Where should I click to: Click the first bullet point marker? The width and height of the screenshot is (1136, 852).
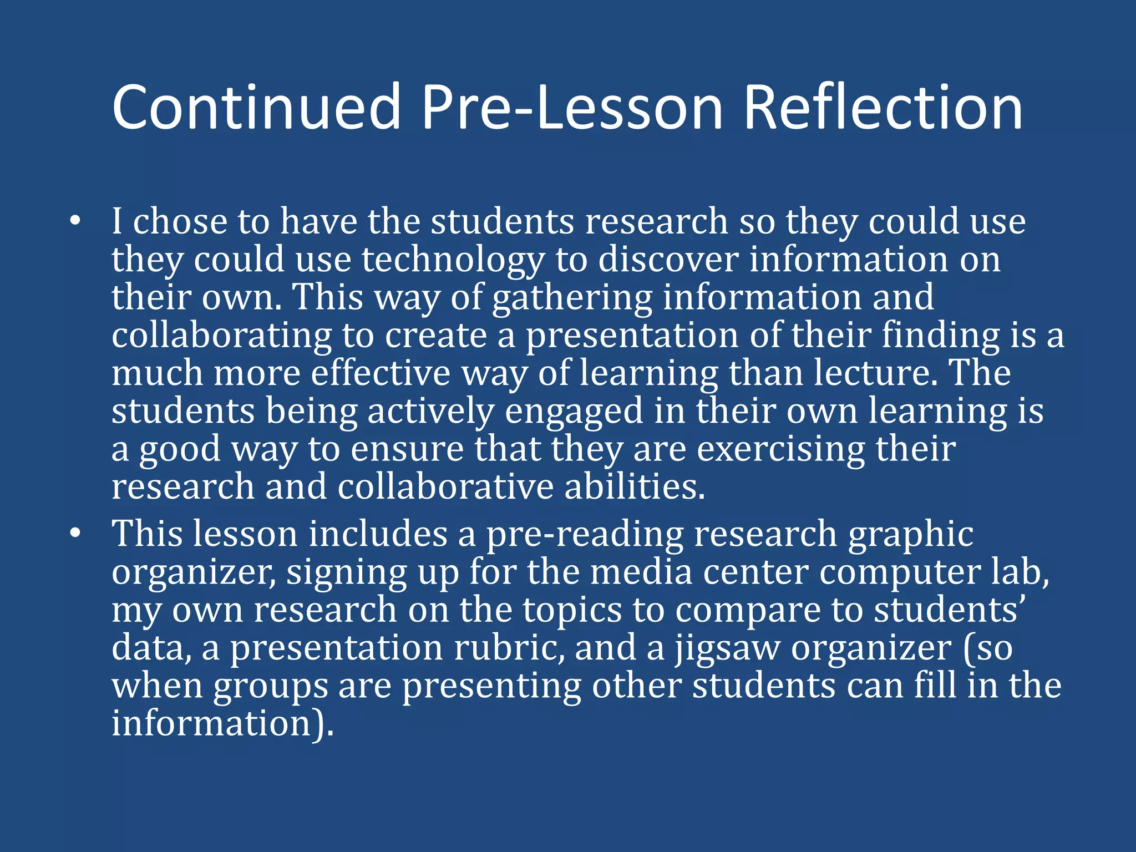pyautogui.click(x=75, y=222)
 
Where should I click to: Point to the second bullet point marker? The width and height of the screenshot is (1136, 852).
pyautogui.click(x=75, y=534)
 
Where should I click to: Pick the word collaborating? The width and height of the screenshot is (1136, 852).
pyautogui.click(x=221, y=336)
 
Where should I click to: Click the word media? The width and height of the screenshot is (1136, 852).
pyautogui.click(x=641, y=572)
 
